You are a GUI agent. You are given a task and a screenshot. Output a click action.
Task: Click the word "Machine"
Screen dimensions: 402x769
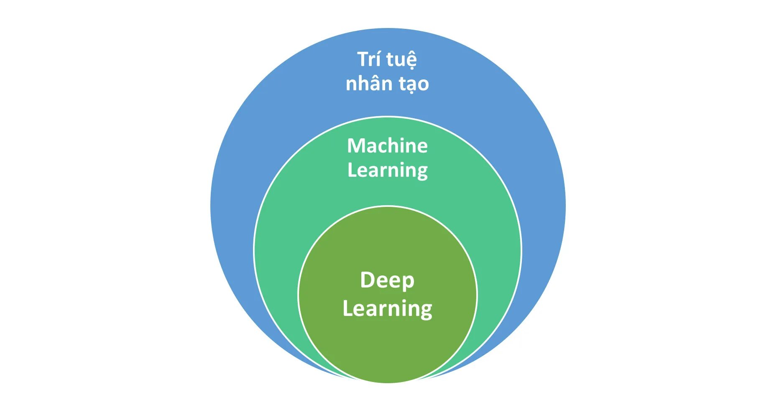point(387,146)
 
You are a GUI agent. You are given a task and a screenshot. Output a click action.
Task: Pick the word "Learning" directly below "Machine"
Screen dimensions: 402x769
point(387,170)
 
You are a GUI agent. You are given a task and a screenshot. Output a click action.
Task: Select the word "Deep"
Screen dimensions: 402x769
point(387,280)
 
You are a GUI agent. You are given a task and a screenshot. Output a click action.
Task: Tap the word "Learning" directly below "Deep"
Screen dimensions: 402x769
point(387,309)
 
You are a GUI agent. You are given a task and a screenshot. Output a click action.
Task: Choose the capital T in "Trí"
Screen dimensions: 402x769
point(363,59)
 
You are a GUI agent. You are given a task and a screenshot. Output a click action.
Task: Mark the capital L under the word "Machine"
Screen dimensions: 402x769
point(351,170)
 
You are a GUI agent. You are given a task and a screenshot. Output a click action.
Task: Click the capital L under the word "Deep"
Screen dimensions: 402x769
point(347,308)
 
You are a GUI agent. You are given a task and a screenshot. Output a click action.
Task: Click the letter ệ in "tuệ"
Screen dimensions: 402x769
point(410,60)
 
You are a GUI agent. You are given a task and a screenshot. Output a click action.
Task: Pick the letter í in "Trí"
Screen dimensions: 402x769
point(377,59)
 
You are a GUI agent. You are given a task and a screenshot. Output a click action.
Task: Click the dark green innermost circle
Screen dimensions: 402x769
point(387,347)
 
